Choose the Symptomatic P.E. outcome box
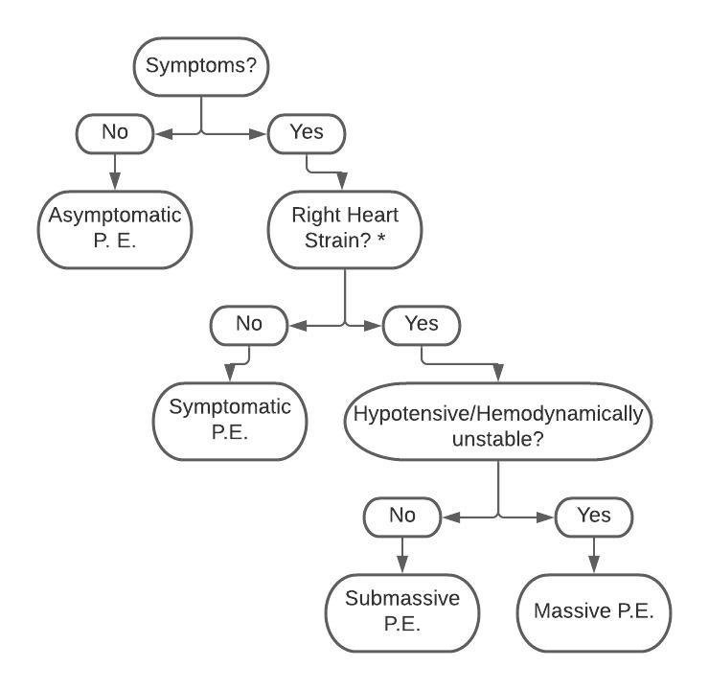tap(230, 418)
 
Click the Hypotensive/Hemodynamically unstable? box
tap(497, 426)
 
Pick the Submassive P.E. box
tap(402, 609)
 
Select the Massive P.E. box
tap(593, 611)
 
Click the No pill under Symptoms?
tap(115, 133)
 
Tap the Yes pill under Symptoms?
tap(307, 133)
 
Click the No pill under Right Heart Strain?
tap(248, 324)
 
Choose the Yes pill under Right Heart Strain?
tap(422, 324)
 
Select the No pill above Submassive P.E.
tap(402, 516)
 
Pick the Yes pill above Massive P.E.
tap(594, 516)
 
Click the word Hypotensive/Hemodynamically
tap(497, 415)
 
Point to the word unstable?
tap(497, 439)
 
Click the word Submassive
tap(402, 598)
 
